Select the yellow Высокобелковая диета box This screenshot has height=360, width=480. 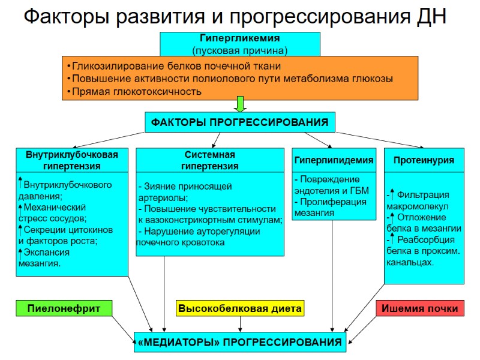tap(240, 308)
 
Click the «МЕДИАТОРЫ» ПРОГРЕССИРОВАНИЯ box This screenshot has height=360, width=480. tap(240, 343)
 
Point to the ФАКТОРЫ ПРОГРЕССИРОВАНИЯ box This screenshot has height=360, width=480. tap(240, 122)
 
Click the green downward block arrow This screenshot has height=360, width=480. tap(240, 104)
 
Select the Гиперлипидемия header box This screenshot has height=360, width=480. tap(334, 160)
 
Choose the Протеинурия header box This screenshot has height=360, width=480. tap(424, 160)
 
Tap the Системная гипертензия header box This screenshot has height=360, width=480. tap(210, 160)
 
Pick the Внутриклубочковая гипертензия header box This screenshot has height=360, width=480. tap(72, 160)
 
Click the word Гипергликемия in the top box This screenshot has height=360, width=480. tap(239, 38)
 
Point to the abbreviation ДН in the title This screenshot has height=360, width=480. tap(431, 16)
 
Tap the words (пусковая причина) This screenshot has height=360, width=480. tap(239, 49)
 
